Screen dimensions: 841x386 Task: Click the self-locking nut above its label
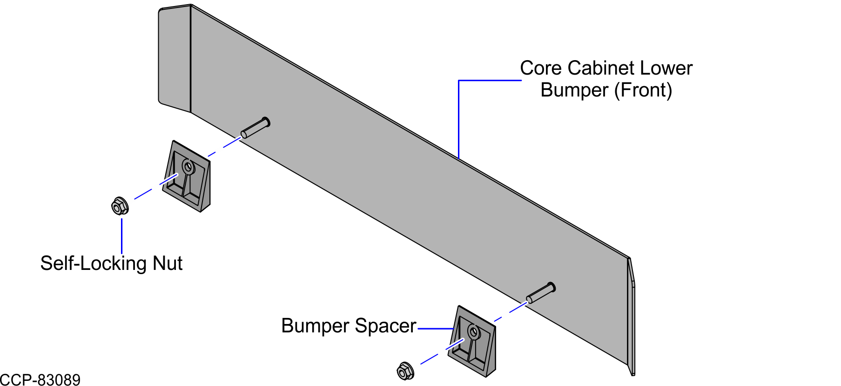coord(120,206)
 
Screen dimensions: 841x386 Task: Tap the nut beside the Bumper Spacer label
coord(405,371)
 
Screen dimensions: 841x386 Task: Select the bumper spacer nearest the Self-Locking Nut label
coord(187,176)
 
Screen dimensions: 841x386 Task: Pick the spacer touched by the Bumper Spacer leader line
coord(472,341)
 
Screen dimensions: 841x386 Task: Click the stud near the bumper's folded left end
coord(255,128)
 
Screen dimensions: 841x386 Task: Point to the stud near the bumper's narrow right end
coord(541,293)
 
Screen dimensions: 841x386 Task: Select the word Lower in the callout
coord(666,68)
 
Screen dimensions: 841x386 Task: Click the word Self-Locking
coord(94,264)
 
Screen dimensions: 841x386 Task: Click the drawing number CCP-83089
coord(40,380)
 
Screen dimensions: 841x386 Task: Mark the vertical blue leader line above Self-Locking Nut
coord(121,235)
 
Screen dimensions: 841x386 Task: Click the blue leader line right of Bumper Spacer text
coord(436,329)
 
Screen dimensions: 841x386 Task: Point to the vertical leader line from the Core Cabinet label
coord(458,120)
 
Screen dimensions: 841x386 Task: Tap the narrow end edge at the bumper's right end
coord(631,317)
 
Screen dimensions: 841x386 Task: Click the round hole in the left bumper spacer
coord(188,166)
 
